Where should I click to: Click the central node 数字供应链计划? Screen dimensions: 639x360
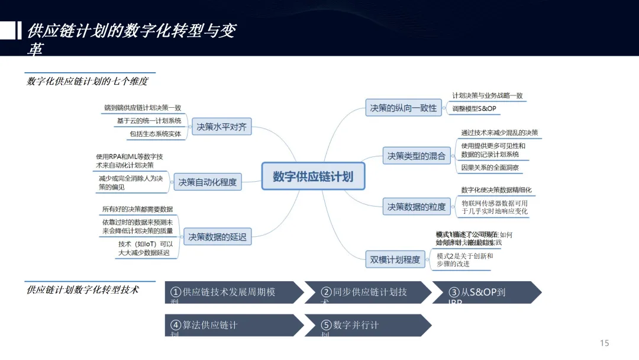(x=312, y=176)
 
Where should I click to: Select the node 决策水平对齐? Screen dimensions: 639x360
(x=221, y=126)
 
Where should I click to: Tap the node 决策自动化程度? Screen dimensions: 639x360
(x=207, y=182)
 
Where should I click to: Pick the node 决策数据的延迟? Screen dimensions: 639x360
(x=217, y=237)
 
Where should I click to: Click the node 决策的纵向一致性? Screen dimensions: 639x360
(x=404, y=108)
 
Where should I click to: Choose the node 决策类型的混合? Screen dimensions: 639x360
(x=416, y=156)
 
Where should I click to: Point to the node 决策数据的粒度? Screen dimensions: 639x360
(x=416, y=207)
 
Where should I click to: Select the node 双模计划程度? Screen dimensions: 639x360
(x=395, y=259)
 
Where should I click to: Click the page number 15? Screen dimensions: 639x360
(x=604, y=343)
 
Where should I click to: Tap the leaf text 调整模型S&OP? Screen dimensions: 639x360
(x=474, y=109)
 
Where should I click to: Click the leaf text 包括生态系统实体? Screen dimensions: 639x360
(x=155, y=134)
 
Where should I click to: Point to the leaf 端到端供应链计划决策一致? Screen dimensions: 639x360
(x=142, y=108)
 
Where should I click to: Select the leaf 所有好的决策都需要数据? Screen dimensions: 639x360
(x=137, y=210)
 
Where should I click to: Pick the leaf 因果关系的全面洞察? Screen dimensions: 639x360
(x=490, y=168)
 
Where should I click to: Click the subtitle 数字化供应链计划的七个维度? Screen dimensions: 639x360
(x=87, y=81)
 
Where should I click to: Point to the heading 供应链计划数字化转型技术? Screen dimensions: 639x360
(x=83, y=290)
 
